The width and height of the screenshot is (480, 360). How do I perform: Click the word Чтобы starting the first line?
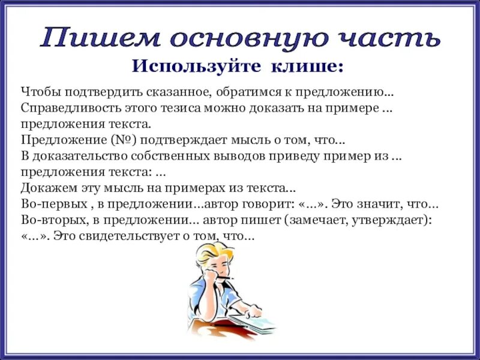[x=38, y=93]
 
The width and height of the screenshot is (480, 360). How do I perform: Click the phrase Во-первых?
[x=50, y=202]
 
